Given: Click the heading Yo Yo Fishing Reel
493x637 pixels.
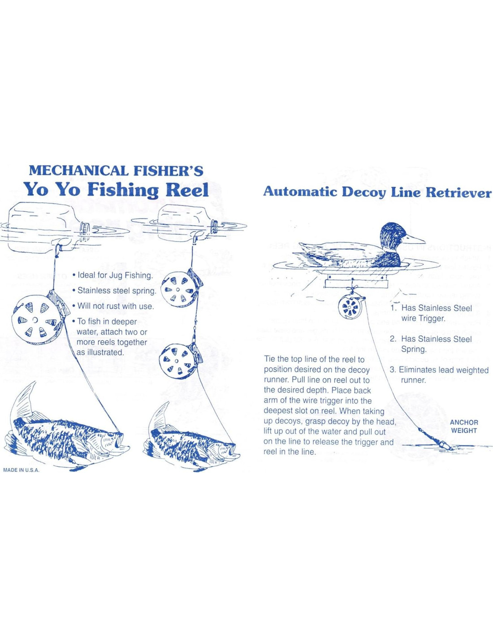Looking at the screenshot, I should (116, 189).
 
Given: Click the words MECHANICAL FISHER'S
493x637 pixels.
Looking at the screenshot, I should (116, 171).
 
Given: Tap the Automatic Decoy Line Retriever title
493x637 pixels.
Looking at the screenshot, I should (377, 192).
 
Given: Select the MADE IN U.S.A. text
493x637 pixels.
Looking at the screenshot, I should (21, 470).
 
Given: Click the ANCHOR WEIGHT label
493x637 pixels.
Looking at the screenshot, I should (464, 426).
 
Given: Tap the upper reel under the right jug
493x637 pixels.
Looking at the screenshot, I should (178, 289).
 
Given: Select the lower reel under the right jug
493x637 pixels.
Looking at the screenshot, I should (176, 361).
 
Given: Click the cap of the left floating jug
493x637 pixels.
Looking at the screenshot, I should (84, 228).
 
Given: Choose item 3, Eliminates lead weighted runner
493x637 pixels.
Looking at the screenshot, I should (439, 375).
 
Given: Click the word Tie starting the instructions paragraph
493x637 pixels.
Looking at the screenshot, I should (269, 359).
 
